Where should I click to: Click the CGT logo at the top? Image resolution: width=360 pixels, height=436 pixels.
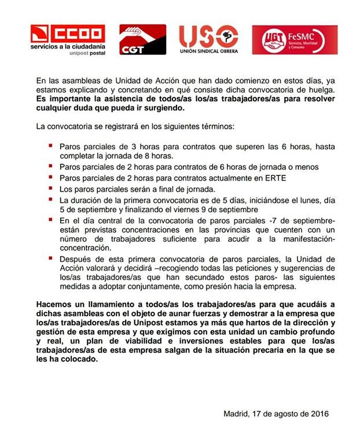(x=142, y=39)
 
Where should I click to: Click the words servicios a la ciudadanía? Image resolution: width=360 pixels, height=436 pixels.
(x=68, y=46)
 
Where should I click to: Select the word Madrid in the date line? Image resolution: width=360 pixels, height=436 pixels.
(x=236, y=413)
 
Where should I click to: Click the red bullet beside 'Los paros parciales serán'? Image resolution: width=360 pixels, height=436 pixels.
(x=52, y=188)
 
